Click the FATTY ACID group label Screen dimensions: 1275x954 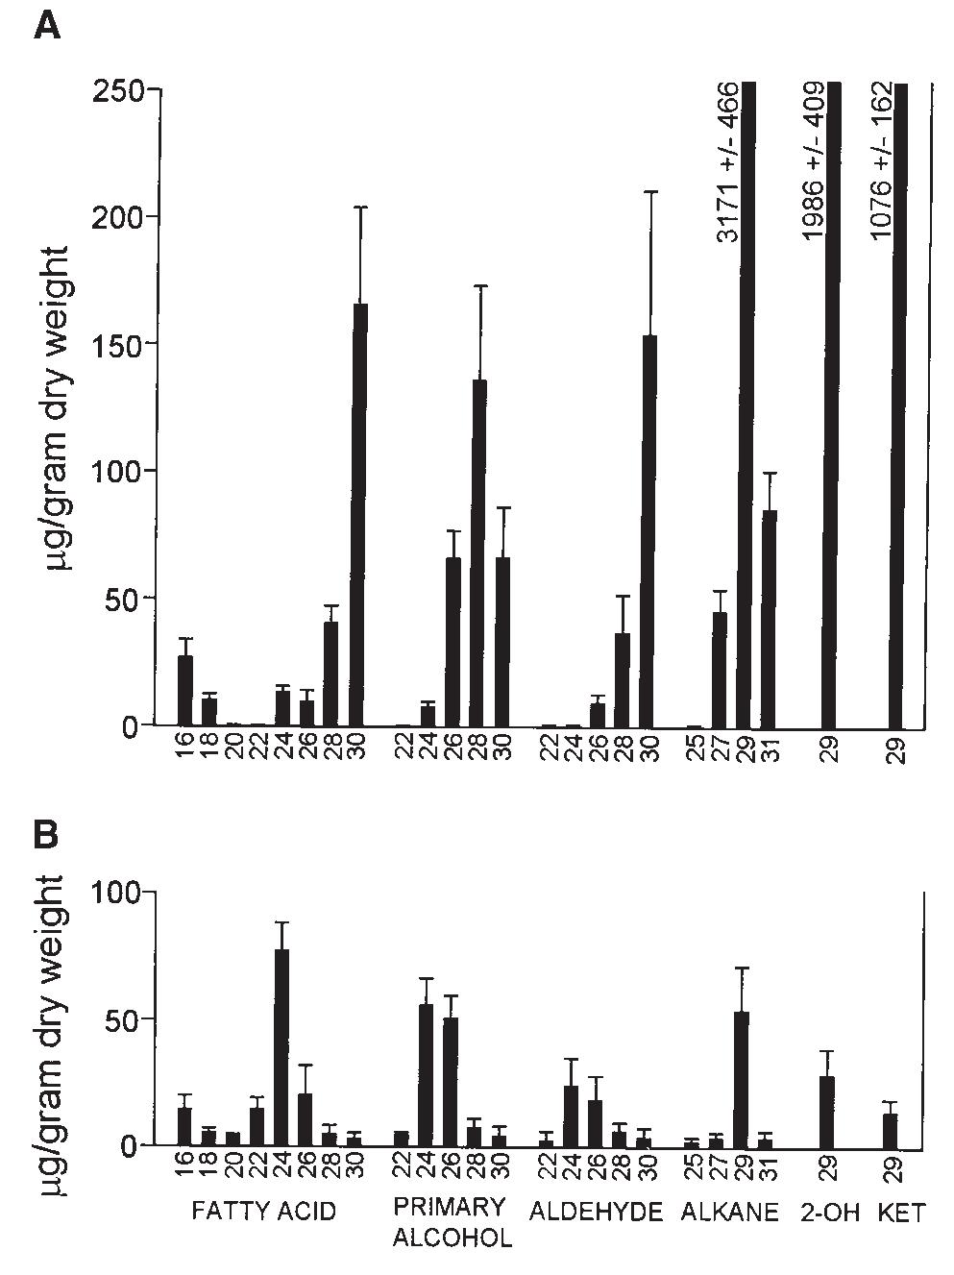click(263, 1212)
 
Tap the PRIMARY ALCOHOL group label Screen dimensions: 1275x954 click(451, 1222)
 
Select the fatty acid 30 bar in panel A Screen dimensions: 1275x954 click(360, 514)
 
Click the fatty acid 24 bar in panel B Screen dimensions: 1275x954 click(282, 1047)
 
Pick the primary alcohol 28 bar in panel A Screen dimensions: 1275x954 click(479, 552)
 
